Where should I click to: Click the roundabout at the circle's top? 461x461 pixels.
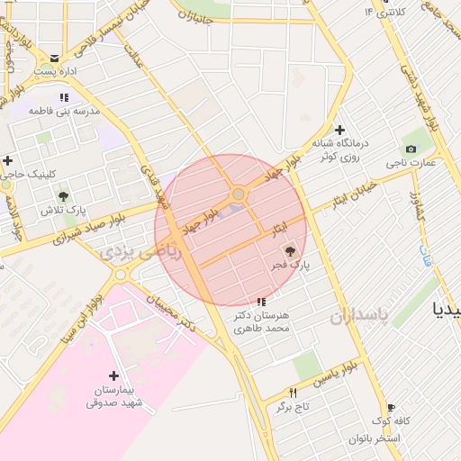238,194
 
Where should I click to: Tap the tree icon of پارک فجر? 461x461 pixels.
289,251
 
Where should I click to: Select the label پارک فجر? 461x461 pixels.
289,267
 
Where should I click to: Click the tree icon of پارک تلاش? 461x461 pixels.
63,195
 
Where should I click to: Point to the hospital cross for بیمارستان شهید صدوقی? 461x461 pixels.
113,375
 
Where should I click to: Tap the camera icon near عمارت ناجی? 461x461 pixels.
411,149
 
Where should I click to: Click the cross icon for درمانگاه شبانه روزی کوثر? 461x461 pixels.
339,130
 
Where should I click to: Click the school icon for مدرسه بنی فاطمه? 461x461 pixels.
63,96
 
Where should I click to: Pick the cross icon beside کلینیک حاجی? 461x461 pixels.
8,160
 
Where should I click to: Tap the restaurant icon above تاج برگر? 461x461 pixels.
293,393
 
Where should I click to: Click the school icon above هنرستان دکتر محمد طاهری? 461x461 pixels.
261,302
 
